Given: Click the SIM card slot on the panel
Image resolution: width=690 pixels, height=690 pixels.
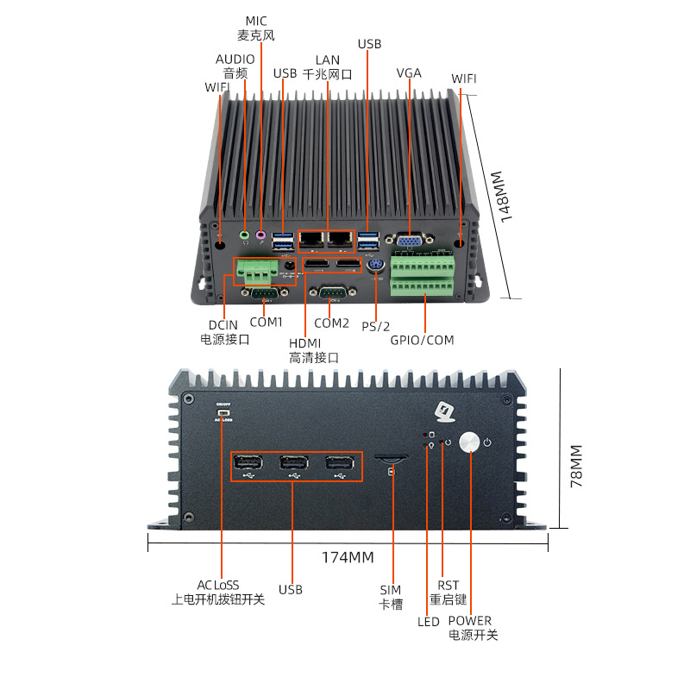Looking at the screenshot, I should click(392, 458).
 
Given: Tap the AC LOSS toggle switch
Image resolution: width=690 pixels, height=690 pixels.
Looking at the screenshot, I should click(223, 415).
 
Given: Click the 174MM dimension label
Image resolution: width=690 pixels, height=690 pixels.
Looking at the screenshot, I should click(348, 557).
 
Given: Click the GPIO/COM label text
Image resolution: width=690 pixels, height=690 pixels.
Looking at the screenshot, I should click(422, 340).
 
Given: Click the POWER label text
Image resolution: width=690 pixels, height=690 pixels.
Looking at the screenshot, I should click(470, 620).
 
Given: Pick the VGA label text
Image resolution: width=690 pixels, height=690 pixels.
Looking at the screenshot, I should click(409, 72).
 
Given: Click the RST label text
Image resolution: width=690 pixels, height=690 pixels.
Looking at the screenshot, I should click(448, 585).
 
